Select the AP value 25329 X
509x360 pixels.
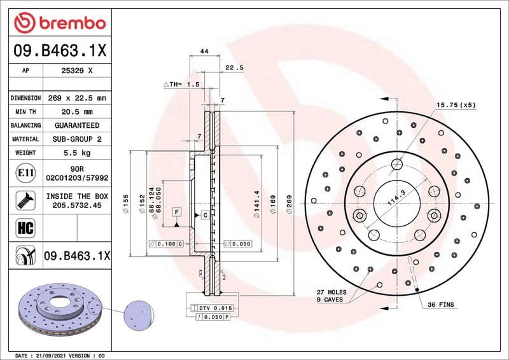76,71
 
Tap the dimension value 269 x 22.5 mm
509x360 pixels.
76,98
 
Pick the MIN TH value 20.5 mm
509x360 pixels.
76,112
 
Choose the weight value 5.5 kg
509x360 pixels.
76,153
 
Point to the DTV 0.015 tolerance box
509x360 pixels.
210,308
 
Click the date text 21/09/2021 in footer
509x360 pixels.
47,355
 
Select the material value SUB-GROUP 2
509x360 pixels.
76,139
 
